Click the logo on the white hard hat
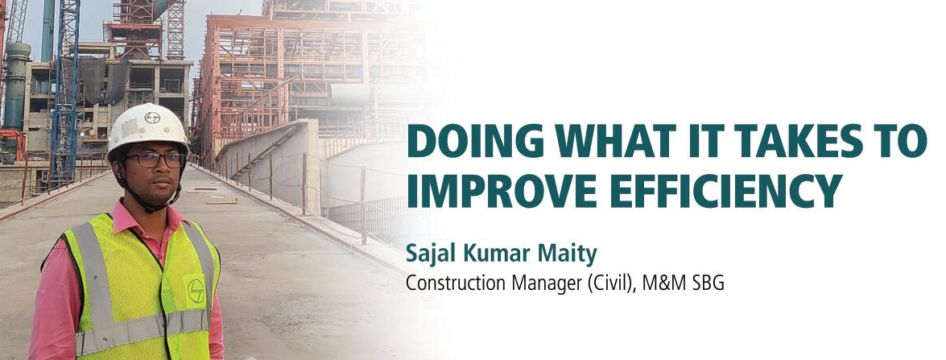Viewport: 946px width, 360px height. (153, 118)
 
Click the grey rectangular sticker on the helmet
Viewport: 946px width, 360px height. (130, 128)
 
